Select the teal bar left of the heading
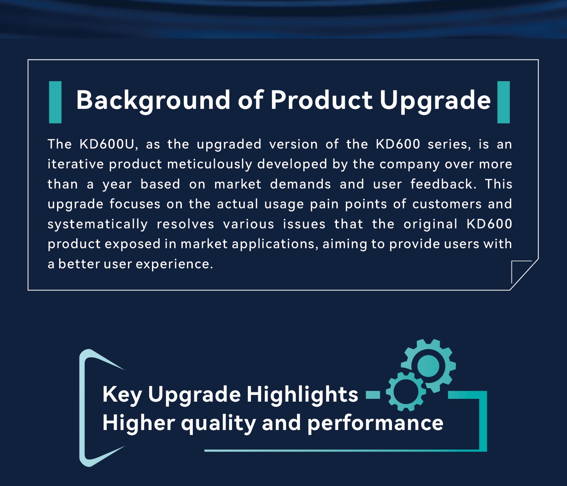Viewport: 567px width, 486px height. pos(55,102)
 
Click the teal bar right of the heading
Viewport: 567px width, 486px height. pos(504,102)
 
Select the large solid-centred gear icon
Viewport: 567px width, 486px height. pos(428,366)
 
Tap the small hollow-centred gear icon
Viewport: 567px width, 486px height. pos(406,391)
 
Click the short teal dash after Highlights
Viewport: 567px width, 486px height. pos(373,395)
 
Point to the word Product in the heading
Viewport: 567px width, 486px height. pos(321,100)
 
